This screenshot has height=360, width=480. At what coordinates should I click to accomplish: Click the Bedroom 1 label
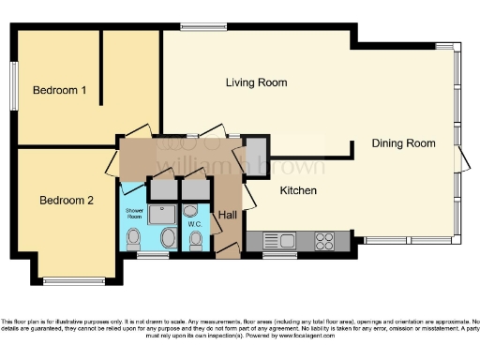click(60, 91)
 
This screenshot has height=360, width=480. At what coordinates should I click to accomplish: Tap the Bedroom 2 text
click(66, 200)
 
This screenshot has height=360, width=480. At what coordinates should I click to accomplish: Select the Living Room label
click(256, 82)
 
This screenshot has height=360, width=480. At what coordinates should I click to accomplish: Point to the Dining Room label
click(404, 143)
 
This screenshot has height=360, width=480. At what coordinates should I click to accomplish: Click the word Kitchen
click(298, 191)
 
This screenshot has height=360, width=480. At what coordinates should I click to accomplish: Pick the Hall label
click(228, 215)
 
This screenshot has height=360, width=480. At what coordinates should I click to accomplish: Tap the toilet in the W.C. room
click(195, 241)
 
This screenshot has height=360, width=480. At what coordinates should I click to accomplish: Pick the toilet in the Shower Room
click(134, 237)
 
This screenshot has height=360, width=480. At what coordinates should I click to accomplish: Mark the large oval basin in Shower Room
click(168, 238)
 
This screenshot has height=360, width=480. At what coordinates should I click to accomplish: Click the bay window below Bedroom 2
click(78, 280)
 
